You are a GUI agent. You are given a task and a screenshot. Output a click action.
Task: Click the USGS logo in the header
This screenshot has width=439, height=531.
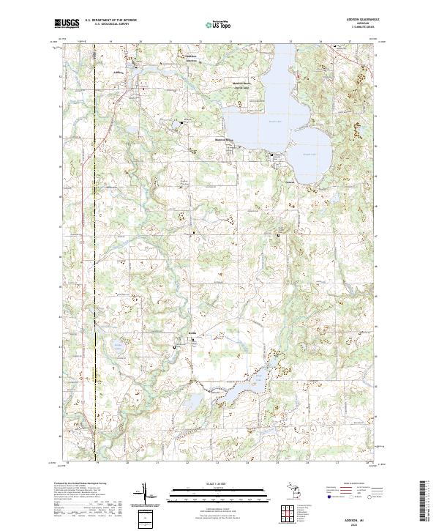(67, 23)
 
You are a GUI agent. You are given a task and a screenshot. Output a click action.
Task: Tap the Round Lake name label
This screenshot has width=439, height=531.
(307, 144)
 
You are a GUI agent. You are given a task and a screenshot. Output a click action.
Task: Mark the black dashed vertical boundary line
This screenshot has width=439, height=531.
(95, 256)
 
